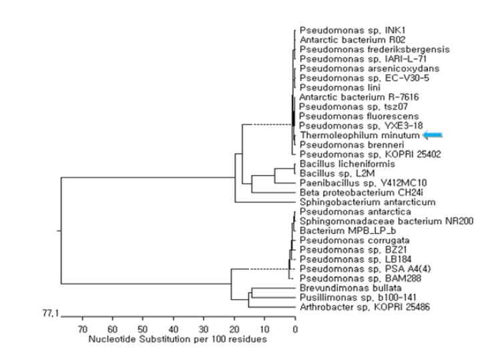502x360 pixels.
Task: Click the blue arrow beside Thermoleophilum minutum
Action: click(433, 135)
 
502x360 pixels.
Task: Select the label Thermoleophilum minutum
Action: click(360, 136)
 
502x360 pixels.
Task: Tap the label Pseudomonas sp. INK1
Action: click(352, 31)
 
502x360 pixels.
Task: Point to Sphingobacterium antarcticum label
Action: click(368, 202)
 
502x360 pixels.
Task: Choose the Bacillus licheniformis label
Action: click(347, 164)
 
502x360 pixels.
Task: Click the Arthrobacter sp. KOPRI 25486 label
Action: click(364, 307)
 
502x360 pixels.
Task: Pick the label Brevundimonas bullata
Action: click(350, 288)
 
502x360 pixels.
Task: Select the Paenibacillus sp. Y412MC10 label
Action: click(363, 183)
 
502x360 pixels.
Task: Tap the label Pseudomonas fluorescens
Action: click(359, 116)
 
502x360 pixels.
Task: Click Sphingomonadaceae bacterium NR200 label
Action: click(387, 221)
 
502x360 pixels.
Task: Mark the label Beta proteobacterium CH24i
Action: click(361, 192)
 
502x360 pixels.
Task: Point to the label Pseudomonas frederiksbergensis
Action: click(374, 49)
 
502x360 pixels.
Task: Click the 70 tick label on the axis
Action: click(83, 329)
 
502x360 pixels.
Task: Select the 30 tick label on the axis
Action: click(204, 329)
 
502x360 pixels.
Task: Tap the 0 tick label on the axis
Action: click(295, 329)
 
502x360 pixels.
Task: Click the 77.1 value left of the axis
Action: click(51, 313)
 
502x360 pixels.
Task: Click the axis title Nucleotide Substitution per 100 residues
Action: click(178, 339)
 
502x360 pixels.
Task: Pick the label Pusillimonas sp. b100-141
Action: click(358, 297)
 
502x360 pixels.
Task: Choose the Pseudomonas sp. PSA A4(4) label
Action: click(365, 268)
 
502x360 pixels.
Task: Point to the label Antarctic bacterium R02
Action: click(352, 40)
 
